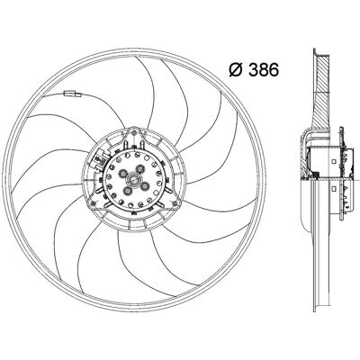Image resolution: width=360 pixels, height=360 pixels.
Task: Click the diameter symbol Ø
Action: click(x=236, y=69)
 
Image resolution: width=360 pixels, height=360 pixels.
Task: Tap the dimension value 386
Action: click(x=263, y=69)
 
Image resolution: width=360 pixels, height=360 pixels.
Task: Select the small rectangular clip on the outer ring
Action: click(x=73, y=94)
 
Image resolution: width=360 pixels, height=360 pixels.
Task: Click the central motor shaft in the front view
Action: click(x=133, y=180)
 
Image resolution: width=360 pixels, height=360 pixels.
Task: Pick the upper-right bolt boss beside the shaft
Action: click(x=139, y=169)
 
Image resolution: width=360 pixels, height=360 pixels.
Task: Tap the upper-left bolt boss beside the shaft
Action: click(x=122, y=173)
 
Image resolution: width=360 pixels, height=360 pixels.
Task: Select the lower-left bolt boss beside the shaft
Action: click(x=127, y=191)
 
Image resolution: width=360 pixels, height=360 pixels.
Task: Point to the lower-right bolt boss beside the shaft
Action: click(x=145, y=186)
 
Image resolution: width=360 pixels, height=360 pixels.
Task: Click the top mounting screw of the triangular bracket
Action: click(x=134, y=132)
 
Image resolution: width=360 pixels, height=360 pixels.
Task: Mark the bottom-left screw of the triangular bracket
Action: click(x=94, y=204)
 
